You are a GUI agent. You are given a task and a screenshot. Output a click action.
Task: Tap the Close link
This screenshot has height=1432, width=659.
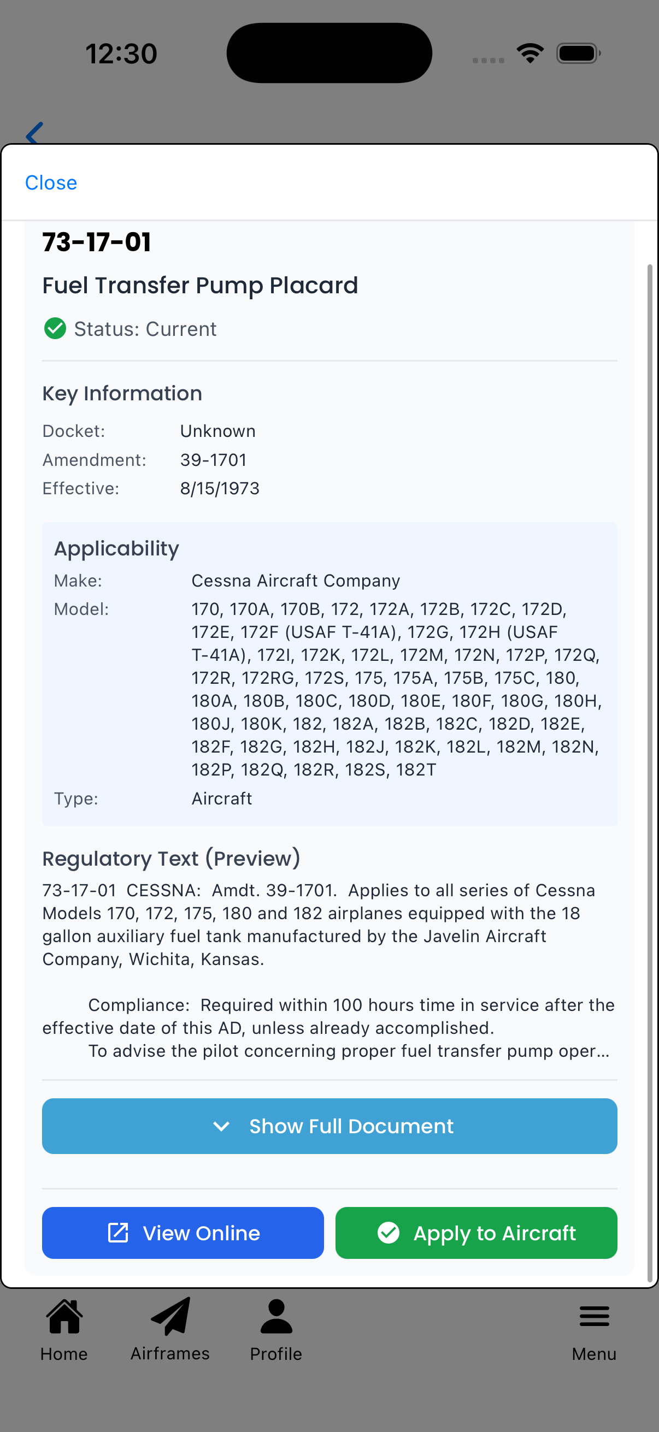click(51, 183)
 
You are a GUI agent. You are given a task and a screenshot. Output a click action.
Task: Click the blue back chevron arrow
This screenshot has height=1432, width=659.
click(34, 133)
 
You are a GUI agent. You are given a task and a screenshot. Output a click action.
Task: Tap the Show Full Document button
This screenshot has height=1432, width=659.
click(329, 1126)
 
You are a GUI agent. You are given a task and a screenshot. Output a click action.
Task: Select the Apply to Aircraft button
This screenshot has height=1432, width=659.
click(476, 1233)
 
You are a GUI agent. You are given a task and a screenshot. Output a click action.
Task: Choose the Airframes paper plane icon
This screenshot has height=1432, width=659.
click(170, 1316)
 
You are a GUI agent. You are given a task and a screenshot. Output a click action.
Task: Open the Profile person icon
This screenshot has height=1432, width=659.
click(276, 1316)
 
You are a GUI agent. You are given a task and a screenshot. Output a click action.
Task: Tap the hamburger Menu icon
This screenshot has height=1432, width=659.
click(594, 1316)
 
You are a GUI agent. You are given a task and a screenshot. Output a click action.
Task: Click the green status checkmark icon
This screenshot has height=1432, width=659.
click(55, 329)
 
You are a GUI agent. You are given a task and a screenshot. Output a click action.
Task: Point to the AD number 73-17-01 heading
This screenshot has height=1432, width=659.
click(97, 242)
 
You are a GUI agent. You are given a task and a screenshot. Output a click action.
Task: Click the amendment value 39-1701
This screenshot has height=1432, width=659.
click(214, 460)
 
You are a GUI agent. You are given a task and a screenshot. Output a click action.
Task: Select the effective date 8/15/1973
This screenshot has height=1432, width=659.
click(220, 488)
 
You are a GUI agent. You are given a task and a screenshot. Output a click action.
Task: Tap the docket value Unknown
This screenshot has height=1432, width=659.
click(218, 431)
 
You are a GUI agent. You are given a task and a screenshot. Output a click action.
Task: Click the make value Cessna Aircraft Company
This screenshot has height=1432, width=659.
click(296, 581)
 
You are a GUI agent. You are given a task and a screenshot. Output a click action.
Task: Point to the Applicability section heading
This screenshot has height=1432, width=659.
click(117, 548)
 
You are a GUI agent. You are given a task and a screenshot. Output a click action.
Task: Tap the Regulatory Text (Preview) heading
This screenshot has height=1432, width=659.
click(171, 859)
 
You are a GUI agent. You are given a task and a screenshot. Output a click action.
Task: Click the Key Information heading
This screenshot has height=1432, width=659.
click(122, 393)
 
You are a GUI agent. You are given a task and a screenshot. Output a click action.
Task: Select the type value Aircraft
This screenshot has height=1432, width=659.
click(222, 798)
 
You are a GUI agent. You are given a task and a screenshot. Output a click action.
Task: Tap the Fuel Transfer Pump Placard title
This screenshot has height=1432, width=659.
click(200, 285)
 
